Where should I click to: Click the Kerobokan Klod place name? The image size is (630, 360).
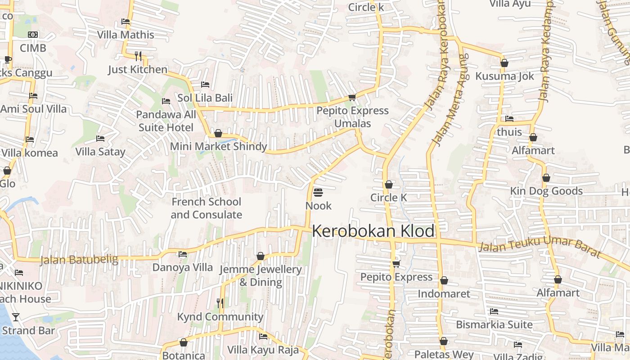(x=373, y=231)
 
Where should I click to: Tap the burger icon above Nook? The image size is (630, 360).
(x=318, y=193)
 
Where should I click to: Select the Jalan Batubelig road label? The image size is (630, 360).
(x=79, y=260)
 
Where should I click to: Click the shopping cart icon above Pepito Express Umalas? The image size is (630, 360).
(x=352, y=97)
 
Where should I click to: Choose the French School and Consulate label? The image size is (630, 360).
(x=206, y=208)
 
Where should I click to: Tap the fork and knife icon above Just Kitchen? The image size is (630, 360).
(x=138, y=56)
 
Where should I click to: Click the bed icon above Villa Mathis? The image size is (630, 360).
(x=126, y=22)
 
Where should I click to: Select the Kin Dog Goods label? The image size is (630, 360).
(x=546, y=191)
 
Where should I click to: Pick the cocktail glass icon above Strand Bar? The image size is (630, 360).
(x=16, y=317)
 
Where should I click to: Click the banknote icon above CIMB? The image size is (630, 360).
(x=33, y=35)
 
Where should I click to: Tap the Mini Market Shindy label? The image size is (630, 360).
(x=218, y=146)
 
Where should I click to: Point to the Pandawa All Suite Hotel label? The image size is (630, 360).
(x=166, y=121)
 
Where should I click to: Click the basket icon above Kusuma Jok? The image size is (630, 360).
(x=504, y=63)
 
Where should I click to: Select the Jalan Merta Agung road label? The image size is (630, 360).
(x=450, y=100)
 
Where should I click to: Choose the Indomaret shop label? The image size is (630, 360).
(x=444, y=294)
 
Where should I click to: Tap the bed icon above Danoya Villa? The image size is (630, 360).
(x=182, y=254)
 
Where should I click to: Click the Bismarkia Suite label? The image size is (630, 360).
(x=494, y=324)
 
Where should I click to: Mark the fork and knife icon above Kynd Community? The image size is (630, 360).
(x=220, y=303)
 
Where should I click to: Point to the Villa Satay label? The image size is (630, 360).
(x=100, y=152)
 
